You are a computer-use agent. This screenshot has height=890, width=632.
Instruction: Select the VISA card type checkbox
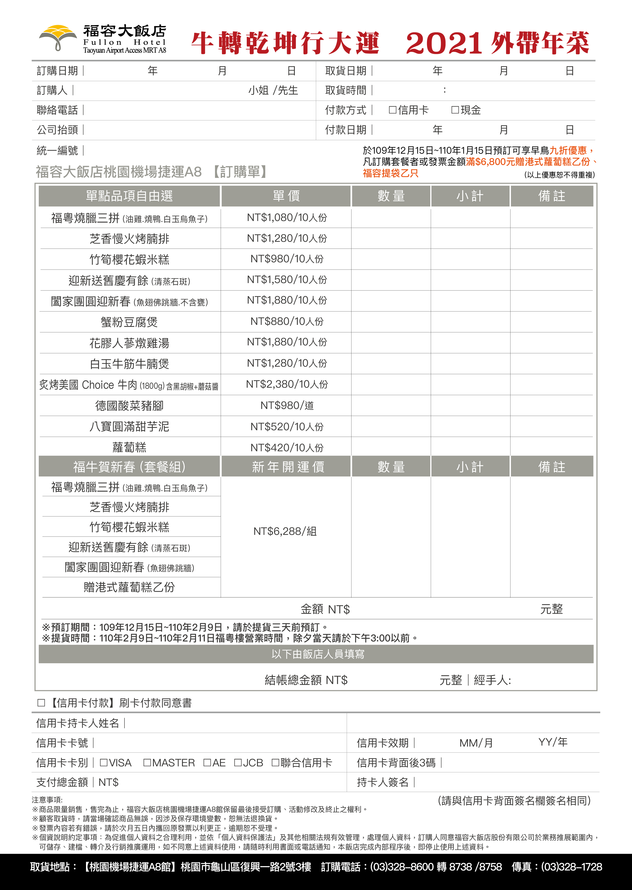coord(103,763)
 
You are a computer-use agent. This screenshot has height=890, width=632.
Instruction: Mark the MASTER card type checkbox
coord(147,763)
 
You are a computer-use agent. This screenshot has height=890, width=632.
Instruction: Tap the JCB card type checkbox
coord(238,763)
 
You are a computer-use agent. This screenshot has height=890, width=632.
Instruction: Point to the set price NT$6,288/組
coord(285,531)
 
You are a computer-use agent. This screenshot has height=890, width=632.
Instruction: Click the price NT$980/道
coord(287,405)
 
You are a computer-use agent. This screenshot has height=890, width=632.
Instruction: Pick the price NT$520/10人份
coord(287,426)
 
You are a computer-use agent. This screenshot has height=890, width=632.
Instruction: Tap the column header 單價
coord(286,196)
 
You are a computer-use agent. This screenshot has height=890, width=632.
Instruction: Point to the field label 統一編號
coord(57,150)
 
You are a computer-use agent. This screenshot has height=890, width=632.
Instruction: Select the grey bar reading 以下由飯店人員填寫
coord(316,654)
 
